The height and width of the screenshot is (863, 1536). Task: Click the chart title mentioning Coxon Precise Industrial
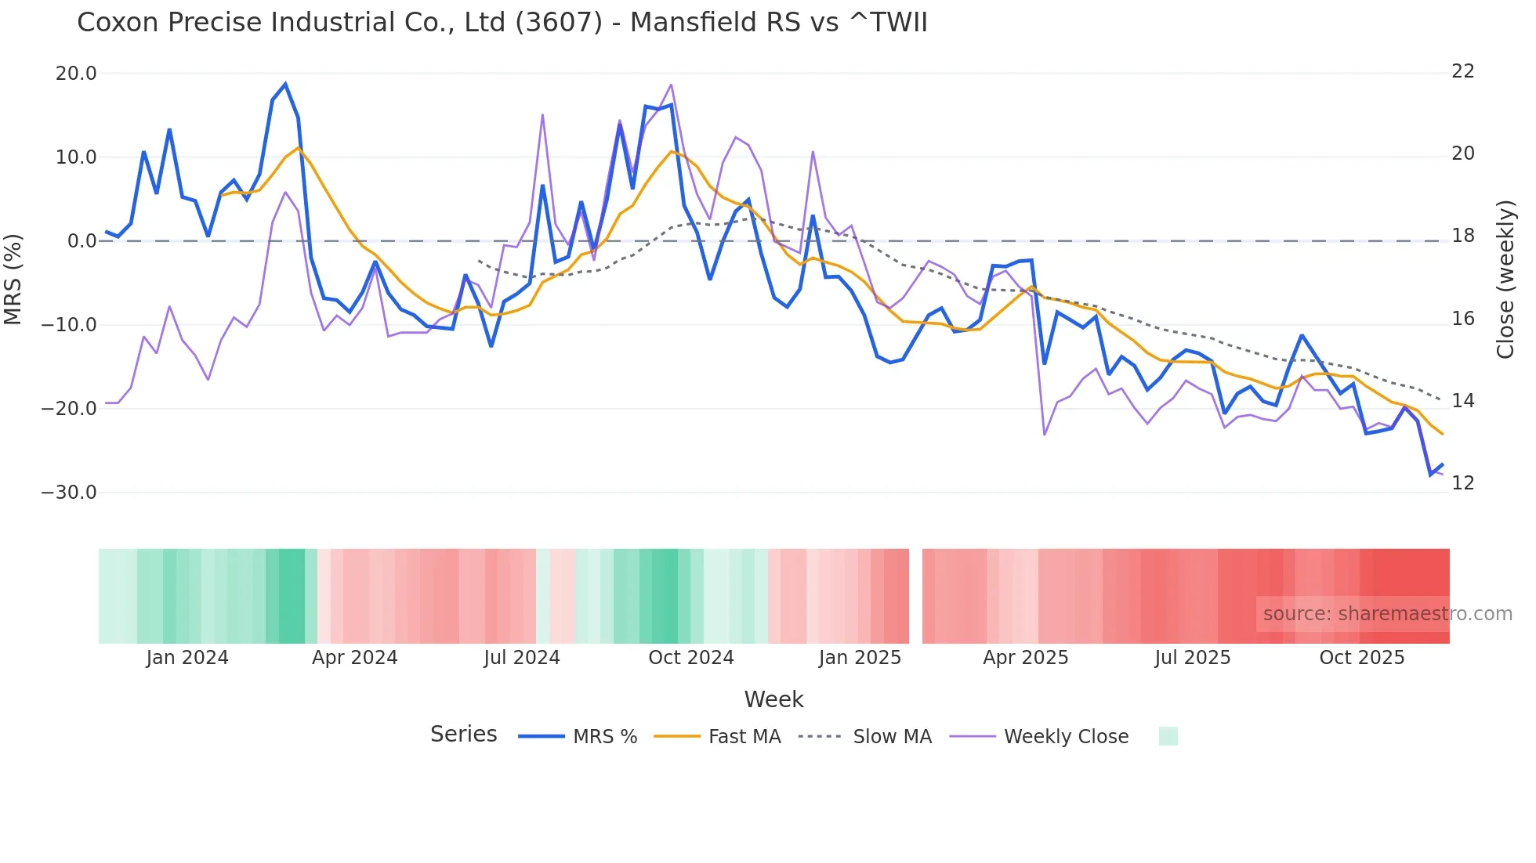coord(502,23)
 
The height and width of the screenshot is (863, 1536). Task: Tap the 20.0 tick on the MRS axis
coord(76,74)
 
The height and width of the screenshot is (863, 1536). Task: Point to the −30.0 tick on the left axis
coord(69,493)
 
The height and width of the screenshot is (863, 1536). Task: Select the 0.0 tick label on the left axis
coord(82,241)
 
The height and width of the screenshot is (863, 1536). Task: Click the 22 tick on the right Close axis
coord(1462,71)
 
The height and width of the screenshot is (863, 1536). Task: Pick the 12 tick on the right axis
coord(1462,483)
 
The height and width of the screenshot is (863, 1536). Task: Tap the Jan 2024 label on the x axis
coord(187,658)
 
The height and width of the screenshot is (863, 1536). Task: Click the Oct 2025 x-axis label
coord(1361,658)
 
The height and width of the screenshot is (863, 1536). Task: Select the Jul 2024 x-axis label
coord(521,658)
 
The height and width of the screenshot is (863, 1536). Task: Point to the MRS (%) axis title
coord(13,279)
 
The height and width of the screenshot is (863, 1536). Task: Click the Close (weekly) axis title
coord(1505,280)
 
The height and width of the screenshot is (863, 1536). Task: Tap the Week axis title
coord(773,699)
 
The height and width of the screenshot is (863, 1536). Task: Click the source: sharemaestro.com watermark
coord(1387,614)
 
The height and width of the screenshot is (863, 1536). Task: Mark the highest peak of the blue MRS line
coord(285,84)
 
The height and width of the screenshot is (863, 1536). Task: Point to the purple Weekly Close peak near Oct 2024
coord(672,85)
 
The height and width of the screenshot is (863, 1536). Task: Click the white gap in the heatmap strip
coord(915,596)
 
